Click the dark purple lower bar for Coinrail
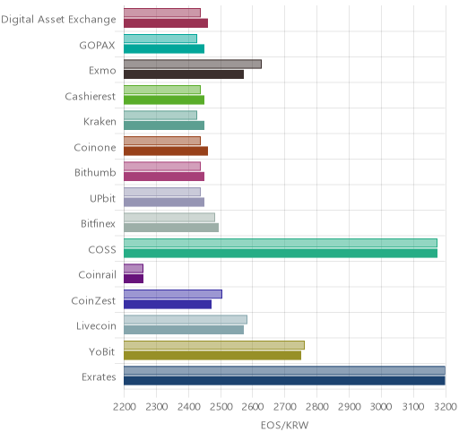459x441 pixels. (x=134, y=279)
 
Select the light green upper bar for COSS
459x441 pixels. (x=281, y=243)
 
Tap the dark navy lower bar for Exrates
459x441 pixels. (x=284, y=381)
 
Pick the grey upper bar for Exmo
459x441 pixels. (x=193, y=65)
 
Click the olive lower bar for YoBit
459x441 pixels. (x=212, y=355)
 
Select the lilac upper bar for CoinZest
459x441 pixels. (x=173, y=294)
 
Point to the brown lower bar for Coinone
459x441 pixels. (x=166, y=151)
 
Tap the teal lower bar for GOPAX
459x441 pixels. (x=164, y=49)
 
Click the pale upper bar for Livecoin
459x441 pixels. (x=186, y=320)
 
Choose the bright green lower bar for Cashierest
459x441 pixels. (x=164, y=100)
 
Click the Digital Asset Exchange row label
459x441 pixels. (x=58, y=20)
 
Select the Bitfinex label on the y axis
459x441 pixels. (x=98, y=223)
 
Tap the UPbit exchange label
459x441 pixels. (x=102, y=198)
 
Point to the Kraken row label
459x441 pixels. (x=100, y=122)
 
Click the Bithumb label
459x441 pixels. (x=95, y=173)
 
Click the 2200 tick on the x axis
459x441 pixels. (x=125, y=407)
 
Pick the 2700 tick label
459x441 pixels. (x=284, y=407)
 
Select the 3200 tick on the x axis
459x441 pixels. (x=446, y=407)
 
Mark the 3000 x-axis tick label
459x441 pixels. (x=381, y=407)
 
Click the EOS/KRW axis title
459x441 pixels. (x=284, y=425)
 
